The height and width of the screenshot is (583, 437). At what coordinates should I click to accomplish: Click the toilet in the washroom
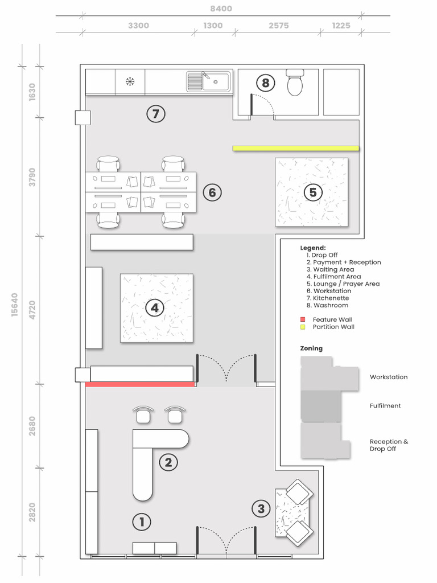point(296,83)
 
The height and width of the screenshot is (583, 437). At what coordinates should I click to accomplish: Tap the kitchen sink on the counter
point(209,81)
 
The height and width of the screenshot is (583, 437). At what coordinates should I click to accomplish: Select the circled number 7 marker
point(155,114)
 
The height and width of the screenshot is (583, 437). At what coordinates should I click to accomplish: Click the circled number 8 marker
point(265,83)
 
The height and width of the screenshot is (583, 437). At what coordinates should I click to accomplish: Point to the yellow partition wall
point(296,148)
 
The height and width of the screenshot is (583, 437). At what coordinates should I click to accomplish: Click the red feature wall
point(140,385)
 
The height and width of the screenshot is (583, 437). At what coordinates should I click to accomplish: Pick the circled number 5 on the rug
point(312,192)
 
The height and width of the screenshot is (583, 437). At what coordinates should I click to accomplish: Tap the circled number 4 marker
point(154,309)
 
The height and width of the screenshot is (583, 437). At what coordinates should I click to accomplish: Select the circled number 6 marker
point(212,192)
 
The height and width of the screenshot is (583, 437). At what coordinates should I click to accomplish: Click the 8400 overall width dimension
point(221,9)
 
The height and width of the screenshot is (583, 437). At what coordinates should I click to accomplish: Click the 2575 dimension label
point(278,26)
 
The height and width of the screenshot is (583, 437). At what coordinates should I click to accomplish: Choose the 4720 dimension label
point(32,309)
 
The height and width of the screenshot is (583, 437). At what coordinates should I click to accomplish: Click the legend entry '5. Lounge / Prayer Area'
point(343,284)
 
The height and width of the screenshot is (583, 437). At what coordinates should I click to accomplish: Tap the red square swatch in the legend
point(303,320)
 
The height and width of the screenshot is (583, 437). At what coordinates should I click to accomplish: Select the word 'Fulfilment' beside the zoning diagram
point(385,406)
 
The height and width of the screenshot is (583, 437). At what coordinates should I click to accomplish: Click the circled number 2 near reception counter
point(168,462)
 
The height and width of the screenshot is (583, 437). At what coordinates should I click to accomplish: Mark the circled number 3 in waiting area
point(261,508)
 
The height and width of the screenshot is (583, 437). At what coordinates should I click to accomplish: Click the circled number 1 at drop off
point(141,522)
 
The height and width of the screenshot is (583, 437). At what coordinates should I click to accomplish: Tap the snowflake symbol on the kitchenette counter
point(130,82)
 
